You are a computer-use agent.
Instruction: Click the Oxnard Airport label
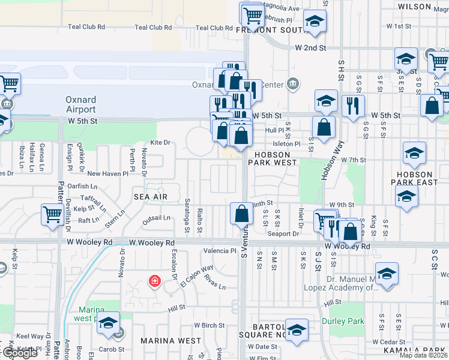tap(81, 104)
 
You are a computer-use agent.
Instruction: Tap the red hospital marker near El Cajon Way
tap(154, 281)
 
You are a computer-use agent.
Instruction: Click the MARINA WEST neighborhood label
tap(171, 341)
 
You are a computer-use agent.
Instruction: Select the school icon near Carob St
tap(108, 323)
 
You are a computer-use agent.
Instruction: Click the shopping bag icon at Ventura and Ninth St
tap(241, 213)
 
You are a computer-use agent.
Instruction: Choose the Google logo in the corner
tap(19, 353)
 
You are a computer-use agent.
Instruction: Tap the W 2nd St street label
tap(310, 47)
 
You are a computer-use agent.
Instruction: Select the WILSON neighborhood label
tap(415, 7)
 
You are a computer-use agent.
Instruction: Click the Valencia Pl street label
tap(220, 251)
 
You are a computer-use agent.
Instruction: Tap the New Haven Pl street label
tap(107, 174)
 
